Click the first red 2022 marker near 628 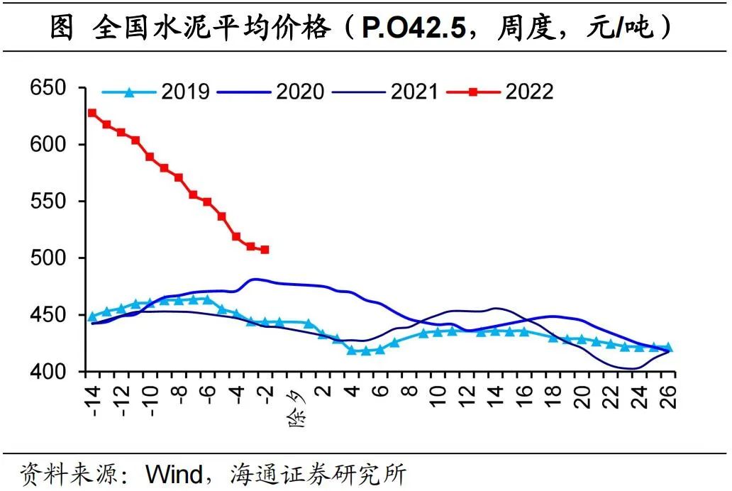92,113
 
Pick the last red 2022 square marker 265,250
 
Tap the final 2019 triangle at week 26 667,348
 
